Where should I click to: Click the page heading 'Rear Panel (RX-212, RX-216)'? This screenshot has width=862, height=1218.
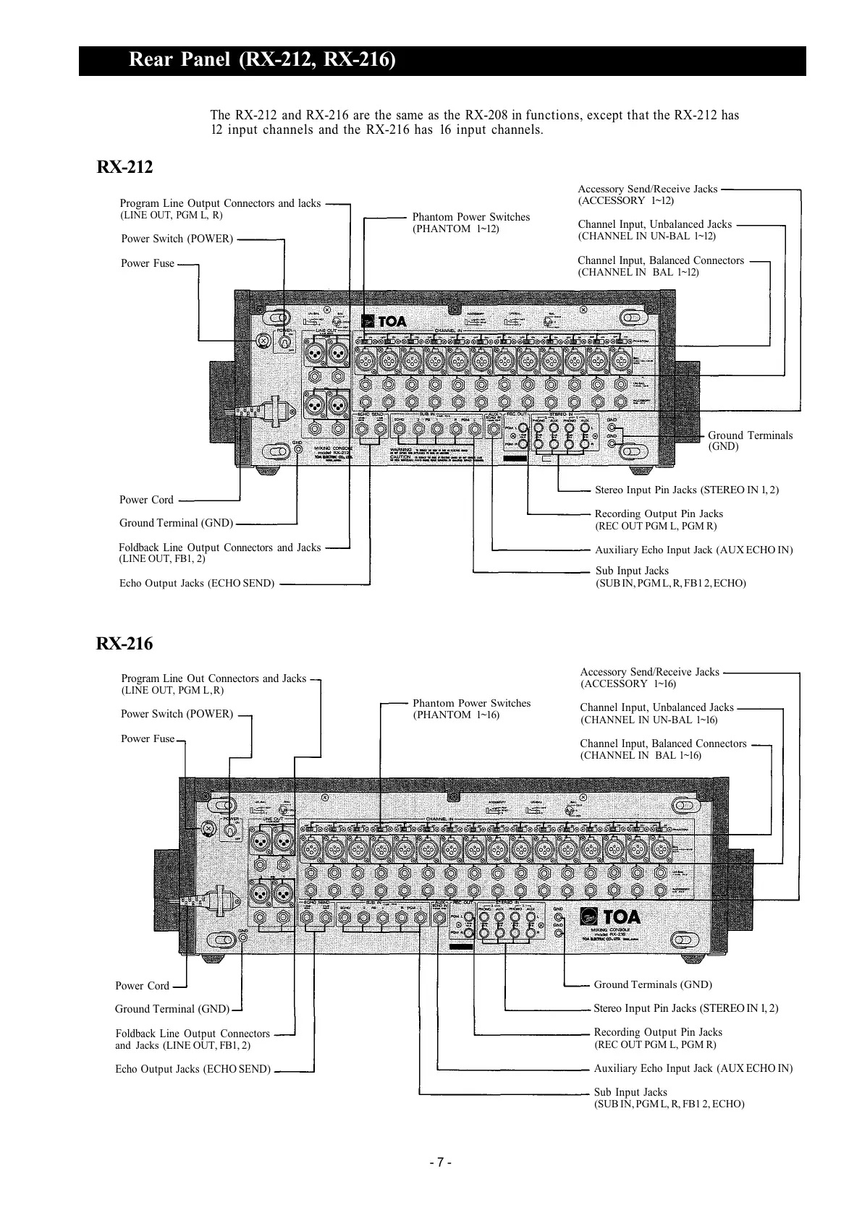pyautogui.click(x=262, y=60)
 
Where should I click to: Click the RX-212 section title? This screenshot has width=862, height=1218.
pyautogui.click(x=124, y=168)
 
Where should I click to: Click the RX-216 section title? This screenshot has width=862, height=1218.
pyautogui.click(x=124, y=644)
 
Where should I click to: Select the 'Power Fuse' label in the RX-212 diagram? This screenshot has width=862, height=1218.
pyautogui.click(x=148, y=264)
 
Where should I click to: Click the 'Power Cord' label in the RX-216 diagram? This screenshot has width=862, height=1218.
pyautogui.click(x=142, y=986)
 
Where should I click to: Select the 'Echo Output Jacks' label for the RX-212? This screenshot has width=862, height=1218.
pyautogui.click(x=197, y=584)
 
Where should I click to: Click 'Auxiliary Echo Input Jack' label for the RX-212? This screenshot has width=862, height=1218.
pyautogui.click(x=693, y=550)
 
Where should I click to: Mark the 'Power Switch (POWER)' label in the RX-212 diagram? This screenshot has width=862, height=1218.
pyautogui.click(x=177, y=239)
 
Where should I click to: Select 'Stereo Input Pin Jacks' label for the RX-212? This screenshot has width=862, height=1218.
pyautogui.click(x=686, y=490)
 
